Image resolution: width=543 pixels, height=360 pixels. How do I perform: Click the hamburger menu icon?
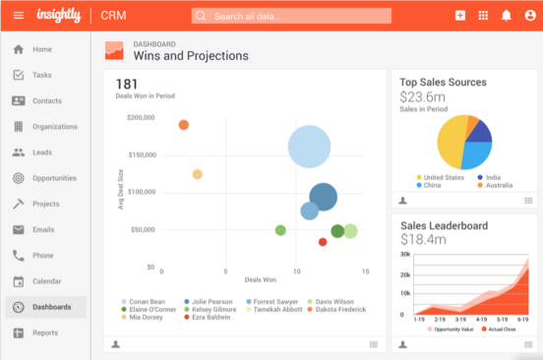18,16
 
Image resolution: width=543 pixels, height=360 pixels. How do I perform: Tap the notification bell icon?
507,16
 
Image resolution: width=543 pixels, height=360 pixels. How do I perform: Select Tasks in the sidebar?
40,75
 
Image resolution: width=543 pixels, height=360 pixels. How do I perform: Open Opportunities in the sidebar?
53,178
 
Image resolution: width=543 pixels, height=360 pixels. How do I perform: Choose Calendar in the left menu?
46,281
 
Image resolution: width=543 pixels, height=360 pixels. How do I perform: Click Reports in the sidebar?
44,332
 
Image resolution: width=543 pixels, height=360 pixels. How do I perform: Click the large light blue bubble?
308,147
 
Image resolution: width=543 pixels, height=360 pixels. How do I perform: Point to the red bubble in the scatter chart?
323,242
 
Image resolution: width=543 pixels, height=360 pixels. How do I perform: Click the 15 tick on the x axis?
365,271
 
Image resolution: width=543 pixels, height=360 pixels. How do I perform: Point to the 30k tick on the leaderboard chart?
404,254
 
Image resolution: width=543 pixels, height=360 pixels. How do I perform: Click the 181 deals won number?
127,85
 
